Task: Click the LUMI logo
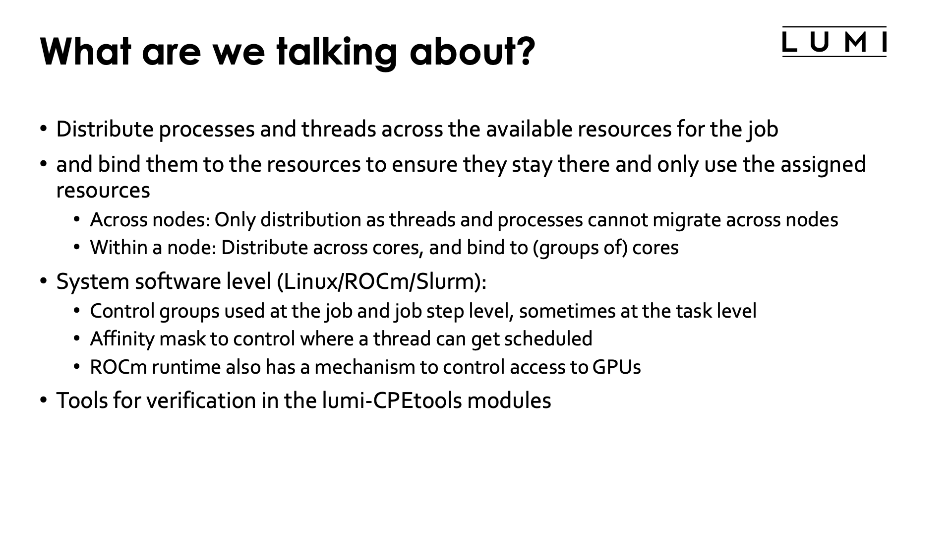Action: (834, 42)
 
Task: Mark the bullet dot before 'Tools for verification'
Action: (44, 400)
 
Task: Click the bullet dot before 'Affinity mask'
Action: (76, 339)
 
